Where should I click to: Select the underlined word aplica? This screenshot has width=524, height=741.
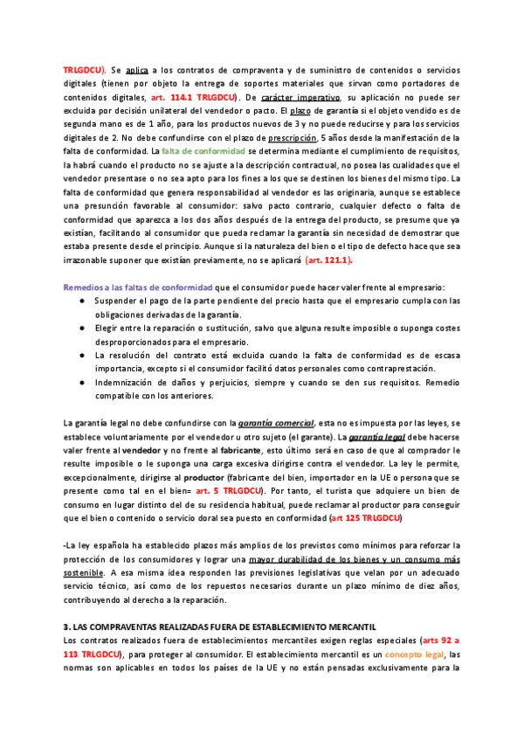[136, 67]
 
